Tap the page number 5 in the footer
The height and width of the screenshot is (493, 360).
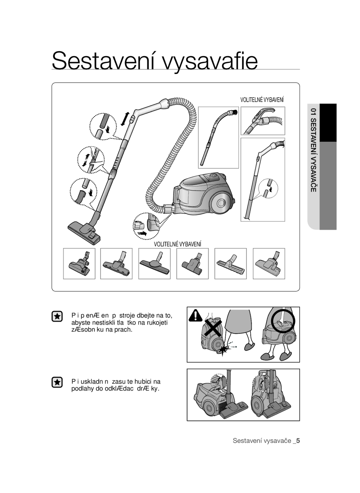coord(298,441)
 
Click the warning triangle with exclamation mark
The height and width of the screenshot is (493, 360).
coord(196,315)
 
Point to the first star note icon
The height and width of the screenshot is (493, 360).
coord(57,317)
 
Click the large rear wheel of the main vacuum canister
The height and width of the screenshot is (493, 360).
coord(222,202)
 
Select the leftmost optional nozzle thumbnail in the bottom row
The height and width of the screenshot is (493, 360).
coord(79,263)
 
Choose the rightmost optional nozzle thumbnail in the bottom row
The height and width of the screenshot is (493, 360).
coord(269,263)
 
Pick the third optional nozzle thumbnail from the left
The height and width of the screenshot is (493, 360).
coord(154,263)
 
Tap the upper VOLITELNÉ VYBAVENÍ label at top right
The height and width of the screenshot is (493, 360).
coord(262,100)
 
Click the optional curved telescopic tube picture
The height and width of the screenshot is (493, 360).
coord(218,137)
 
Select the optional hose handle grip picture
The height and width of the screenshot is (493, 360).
coord(263,120)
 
